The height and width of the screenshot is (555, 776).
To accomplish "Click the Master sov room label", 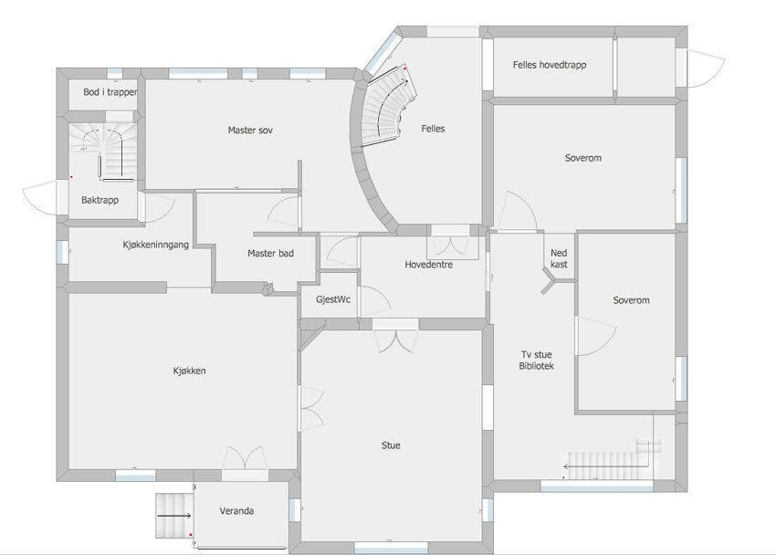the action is pyautogui.click(x=250, y=131).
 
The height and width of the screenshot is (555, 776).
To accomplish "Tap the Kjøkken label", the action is pyautogui.click(x=190, y=371).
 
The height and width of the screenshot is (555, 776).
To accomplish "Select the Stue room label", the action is pyautogui.click(x=391, y=445).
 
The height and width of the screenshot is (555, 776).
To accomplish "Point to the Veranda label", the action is pyautogui.click(x=236, y=510).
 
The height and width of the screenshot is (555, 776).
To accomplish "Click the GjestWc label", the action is pyautogui.click(x=333, y=299).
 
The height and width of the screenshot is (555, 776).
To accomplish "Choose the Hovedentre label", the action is pyautogui.click(x=428, y=265).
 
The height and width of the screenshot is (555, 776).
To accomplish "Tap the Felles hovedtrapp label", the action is pyautogui.click(x=550, y=65).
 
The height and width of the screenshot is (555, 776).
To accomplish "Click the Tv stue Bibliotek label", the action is pyautogui.click(x=537, y=360).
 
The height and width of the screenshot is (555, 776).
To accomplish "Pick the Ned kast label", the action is pyautogui.click(x=559, y=258).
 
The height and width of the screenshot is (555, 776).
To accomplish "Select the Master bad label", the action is pyautogui.click(x=271, y=253).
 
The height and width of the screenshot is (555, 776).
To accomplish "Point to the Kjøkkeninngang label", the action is pyautogui.click(x=155, y=245).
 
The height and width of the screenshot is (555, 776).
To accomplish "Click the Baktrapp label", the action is pyautogui.click(x=100, y=200).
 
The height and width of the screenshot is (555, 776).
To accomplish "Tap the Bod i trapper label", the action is pyautogui.click(x=110, y=91).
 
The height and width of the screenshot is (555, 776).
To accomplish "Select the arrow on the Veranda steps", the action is pyautogui.click(x=174, y=516).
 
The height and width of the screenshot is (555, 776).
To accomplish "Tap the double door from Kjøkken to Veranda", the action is pyautogui.click(x=245, y=458).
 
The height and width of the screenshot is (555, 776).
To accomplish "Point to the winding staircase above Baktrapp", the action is pyautogui.click(x=103, y=150).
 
